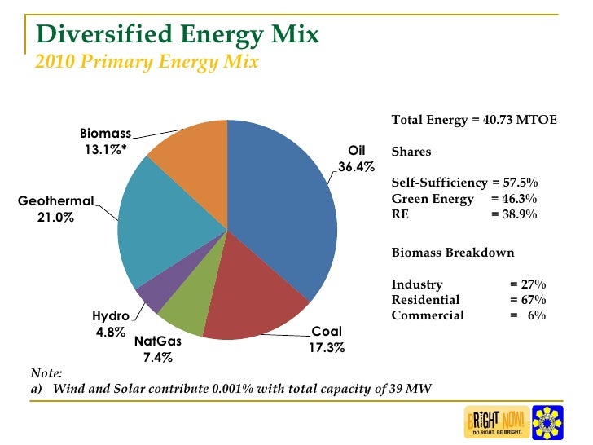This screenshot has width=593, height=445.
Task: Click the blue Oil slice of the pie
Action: (x=281, y=212)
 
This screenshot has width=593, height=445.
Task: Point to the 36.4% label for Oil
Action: (x=357, y=167)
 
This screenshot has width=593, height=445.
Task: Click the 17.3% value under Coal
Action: (x=327, y=348)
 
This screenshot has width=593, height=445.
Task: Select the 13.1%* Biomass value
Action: (x=106, y=149)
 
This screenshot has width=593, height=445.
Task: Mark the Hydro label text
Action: (x=110, y=316)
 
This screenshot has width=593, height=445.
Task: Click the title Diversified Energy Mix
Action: (x=178, y=35)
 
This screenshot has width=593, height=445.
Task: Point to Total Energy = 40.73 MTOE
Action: (x=474, y=120)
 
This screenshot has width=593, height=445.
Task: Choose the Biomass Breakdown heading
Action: (x=453, y=253)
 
